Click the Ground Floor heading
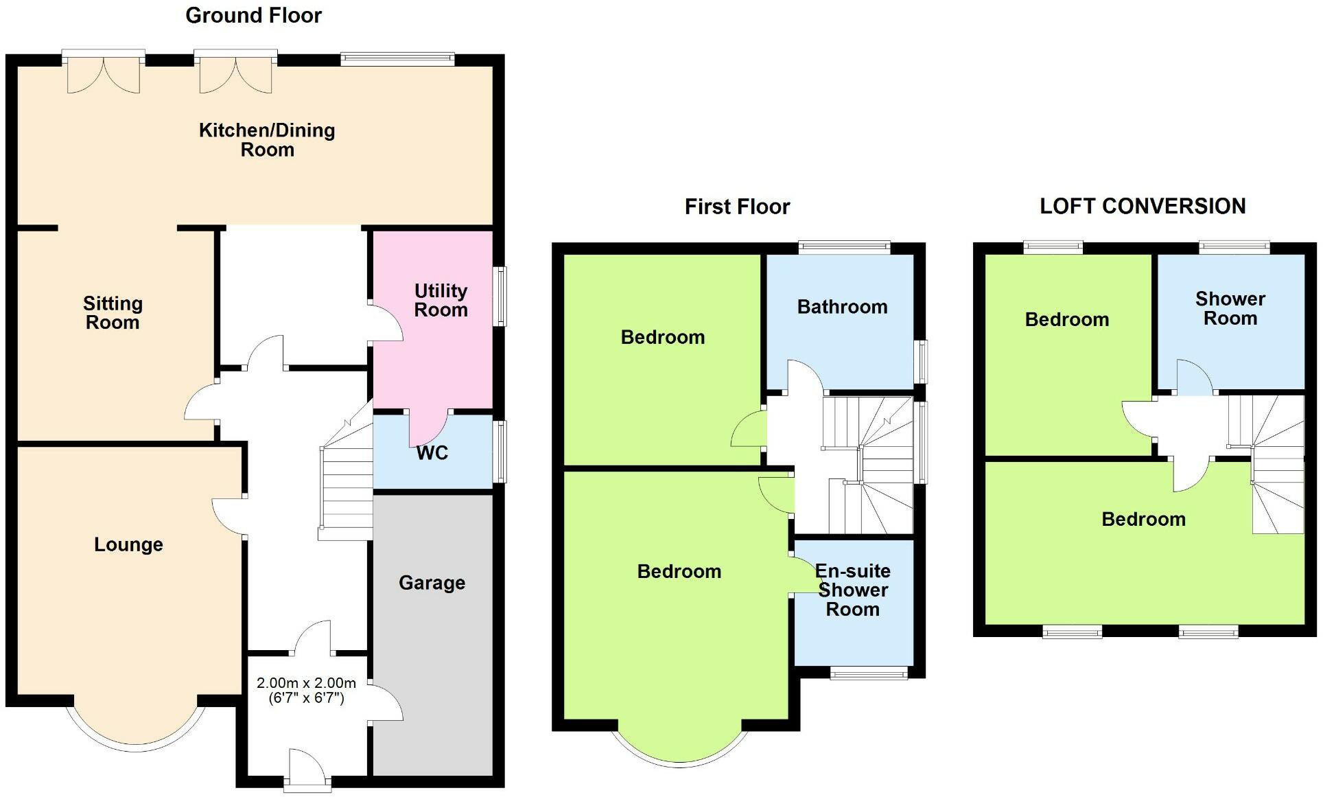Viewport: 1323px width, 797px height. pyautogui.click(x=253, y=15)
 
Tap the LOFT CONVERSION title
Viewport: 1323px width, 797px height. pyautogui.click(x=1143, y=206)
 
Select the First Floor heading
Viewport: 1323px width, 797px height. pyautogui.click(x=737, y=207)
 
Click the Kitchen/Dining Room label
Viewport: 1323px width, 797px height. pyautogui.click(x=267, y=140)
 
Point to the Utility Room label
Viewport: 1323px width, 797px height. pyautogui.click(x=441, y=300)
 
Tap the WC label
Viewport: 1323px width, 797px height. pyautogui.click(x=432, y=453)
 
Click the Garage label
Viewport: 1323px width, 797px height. pyautogui.click(x=432, y=583)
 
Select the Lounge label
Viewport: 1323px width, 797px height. pyautogui.click(x=128, y=544)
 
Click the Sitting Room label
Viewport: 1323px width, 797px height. pyautogui.click(x=113, y=313)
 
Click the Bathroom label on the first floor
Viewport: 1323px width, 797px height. pyautogui.click(x=842, y=307)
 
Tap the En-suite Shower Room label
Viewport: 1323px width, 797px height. pyautogui.click(x=852, y=590)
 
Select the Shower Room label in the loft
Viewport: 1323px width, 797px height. pyautogui.click(x=1230, y=308)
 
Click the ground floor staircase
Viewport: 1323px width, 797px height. pyautogui.click(x=346, y=487)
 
